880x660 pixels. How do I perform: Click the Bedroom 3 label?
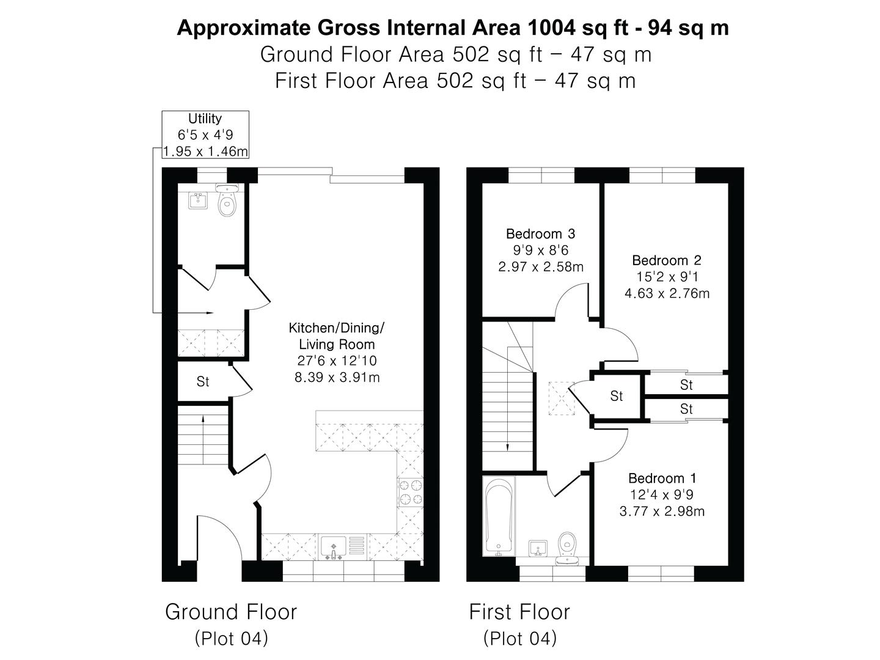coord(540,233)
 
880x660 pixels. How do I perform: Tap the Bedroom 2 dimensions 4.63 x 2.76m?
coord(667,293)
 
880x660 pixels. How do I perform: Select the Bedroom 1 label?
coord(662,478)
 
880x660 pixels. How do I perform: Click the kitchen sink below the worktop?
coord(334,548)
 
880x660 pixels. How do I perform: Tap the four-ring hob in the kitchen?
coord(411,493)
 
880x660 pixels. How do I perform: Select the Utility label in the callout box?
coord(205,119)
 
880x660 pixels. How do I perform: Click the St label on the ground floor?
coord(202,381)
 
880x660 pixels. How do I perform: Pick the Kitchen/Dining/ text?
coord(336,328)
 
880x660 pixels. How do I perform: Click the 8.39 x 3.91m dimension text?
coord(337,378)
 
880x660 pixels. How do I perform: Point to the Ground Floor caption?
coord(231,612)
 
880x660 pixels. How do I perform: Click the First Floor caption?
coord(519,612)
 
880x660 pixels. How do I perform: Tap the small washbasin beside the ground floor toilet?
coord(198,200)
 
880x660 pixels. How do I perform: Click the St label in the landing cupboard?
coord(616,397)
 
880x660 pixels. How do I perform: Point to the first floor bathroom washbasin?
coord(538,548)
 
